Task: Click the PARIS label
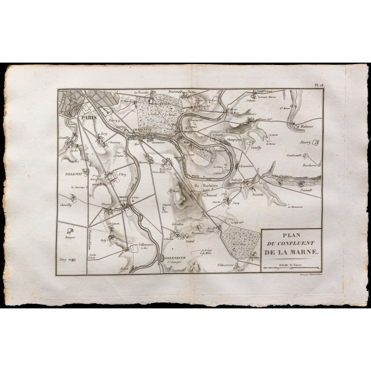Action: pyautogui.click(x=88, y=118)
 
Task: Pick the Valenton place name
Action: pyautogui.click(x=179, y=225)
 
